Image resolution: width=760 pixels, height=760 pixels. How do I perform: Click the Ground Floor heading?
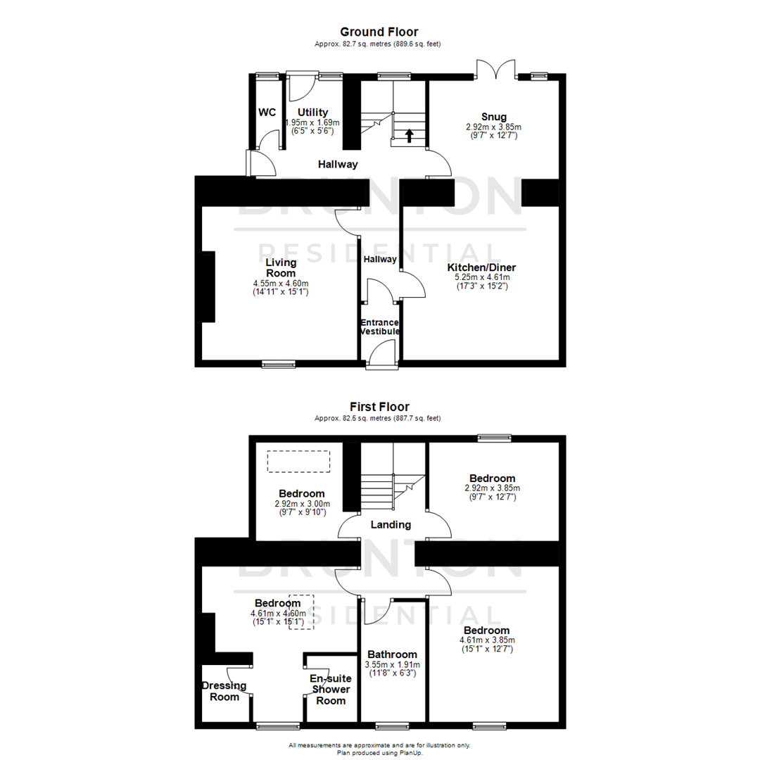379,32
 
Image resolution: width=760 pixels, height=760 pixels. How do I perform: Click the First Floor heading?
379,407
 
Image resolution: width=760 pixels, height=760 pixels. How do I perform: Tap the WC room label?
267,113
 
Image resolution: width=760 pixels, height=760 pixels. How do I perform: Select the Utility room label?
312,113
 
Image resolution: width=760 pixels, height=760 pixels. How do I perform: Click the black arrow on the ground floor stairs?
409,135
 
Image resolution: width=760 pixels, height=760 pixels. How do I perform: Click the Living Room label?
280,267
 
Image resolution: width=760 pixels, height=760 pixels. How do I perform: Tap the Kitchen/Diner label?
482,267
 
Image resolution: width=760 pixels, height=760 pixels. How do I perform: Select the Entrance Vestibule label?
380,327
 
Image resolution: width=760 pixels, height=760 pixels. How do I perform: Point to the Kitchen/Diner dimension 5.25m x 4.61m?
482,277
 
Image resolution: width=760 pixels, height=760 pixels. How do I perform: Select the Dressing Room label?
224,691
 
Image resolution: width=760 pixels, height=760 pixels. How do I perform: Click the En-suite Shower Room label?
330,690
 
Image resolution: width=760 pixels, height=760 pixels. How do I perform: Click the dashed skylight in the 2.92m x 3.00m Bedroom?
298,462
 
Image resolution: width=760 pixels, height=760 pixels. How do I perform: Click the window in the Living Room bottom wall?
279,365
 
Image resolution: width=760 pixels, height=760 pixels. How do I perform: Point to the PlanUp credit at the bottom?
379,752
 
